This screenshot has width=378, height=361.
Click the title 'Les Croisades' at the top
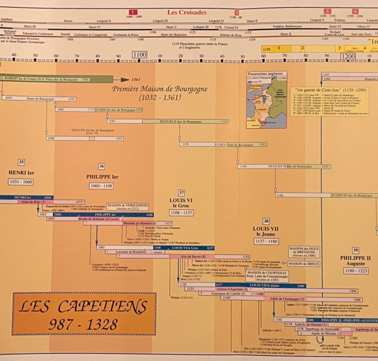[x=188, y=11]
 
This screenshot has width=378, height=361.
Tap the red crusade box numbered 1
[x=133, y=12]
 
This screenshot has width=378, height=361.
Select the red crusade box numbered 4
[x=355, y=11]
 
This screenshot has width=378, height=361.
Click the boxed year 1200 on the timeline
[x=348, y=56]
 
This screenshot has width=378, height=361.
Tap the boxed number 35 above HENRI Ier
[x=21, y=162]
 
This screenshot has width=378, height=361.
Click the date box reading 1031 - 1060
[x=21, y=182]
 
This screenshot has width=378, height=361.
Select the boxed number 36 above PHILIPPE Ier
[x=101, y=166]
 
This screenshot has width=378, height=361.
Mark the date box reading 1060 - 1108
[x=102, y=186]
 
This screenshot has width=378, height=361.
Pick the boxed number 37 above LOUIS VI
[x=182, y=193]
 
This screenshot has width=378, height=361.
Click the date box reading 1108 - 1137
[x=181, y=213]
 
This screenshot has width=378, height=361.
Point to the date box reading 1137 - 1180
[x=266, y=241]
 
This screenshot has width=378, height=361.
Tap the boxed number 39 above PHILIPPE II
[x=355, y=250]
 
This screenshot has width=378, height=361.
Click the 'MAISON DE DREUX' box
[x=303, y=264]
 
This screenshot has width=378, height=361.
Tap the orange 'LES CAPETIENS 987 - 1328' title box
[x=84, y=314]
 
